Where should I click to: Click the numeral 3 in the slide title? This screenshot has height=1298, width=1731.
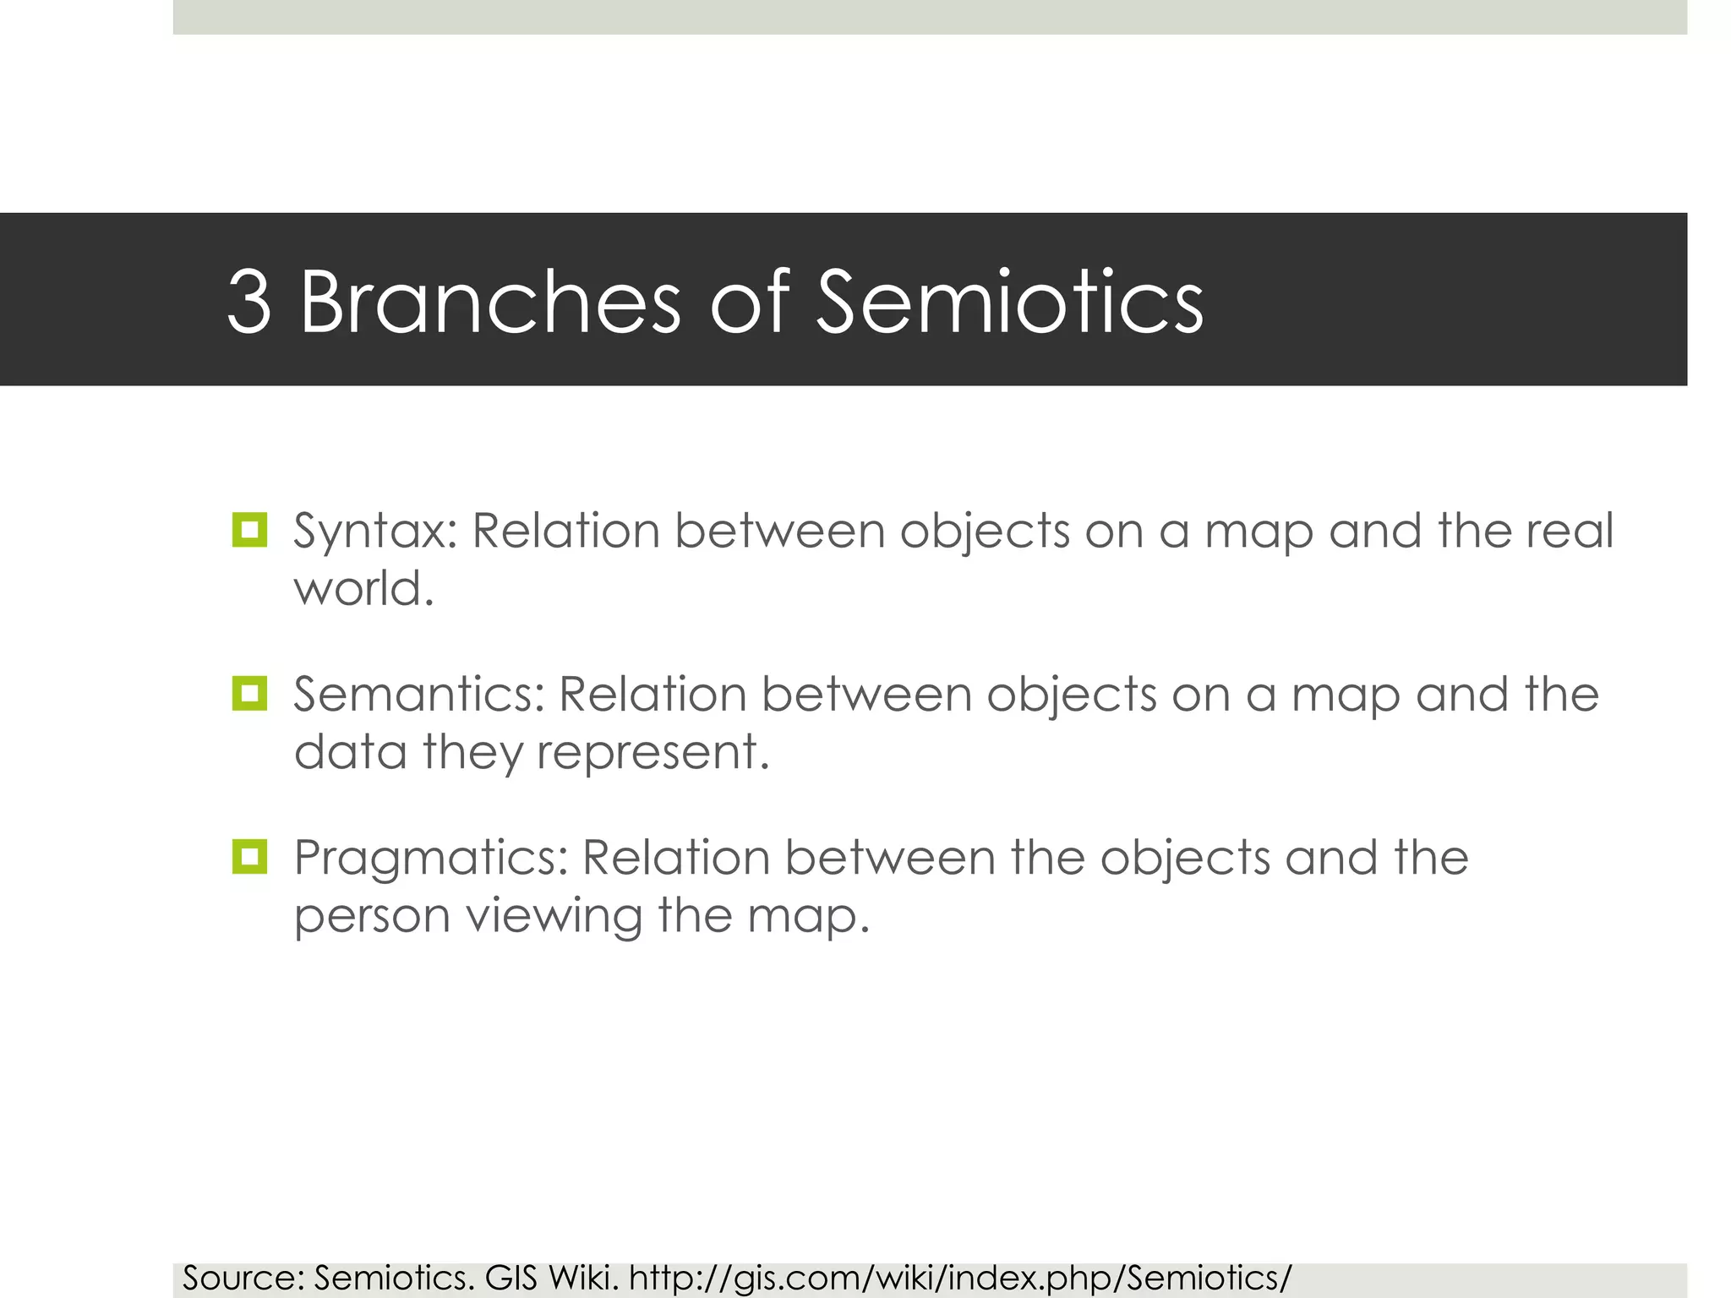tap(249, 302)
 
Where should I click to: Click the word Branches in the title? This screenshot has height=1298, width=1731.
tap(490, 302)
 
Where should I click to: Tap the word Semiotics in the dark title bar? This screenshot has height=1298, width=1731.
tap(1009, 302)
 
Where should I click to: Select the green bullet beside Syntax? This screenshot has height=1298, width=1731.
tap(249, 530)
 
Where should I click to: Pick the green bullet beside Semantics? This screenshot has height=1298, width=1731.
tap(249, 694)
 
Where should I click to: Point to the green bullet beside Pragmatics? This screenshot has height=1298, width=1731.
tap(249, 857)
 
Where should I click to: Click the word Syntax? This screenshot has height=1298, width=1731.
tap(375, 533)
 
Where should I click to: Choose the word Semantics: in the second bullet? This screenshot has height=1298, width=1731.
tap(419, 695)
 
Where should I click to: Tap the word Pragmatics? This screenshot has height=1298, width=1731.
tap(431, 859)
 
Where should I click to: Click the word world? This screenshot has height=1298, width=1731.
tap(363, 588)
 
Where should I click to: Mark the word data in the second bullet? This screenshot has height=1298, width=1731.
tap(351, 751)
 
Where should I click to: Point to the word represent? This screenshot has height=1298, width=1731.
tap(653, 753)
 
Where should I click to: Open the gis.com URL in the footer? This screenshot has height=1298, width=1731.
tap(960, 1279)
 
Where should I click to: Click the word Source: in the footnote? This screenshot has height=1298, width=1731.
tap(243, 1279)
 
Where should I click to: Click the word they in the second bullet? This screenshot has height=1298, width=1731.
tap(472, 753)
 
